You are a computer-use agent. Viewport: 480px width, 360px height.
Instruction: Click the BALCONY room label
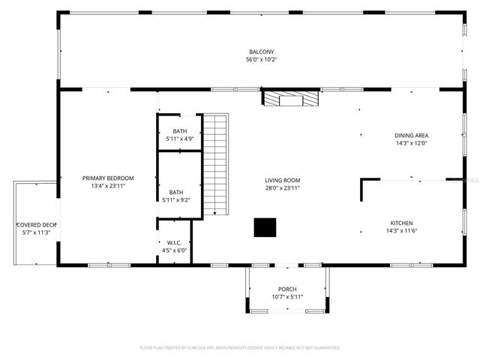click(256, 52)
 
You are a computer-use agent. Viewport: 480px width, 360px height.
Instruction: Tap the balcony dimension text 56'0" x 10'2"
click(256, 59)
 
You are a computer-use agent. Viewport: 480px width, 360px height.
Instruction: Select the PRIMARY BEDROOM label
click(108, 178)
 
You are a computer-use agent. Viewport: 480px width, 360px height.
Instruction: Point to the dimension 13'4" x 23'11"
click(108, 185)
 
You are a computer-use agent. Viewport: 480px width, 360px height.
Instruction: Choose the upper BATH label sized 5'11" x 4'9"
click(179, 131)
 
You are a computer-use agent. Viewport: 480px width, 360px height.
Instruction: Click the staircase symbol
click(216, 164)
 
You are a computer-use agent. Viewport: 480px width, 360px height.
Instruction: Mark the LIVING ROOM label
click(282, 180)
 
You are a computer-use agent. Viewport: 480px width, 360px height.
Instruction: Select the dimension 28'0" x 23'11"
click(282, 187)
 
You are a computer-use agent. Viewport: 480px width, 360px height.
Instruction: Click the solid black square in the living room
click(264, 228)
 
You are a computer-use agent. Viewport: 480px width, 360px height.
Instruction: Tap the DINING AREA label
click(411, 136)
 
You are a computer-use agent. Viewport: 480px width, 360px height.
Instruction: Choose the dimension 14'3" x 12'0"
click(411, 143)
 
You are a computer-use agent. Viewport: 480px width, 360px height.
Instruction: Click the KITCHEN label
click(401, 223)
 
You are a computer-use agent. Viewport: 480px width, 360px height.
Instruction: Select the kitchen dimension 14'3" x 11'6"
click(401, 230)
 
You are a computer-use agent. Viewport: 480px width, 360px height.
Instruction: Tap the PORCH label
click(287, 289)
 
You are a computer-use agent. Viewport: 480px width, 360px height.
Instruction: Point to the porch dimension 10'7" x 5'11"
click(287, 297)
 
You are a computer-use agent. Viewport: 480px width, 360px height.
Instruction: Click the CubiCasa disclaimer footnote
click(240, 348)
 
